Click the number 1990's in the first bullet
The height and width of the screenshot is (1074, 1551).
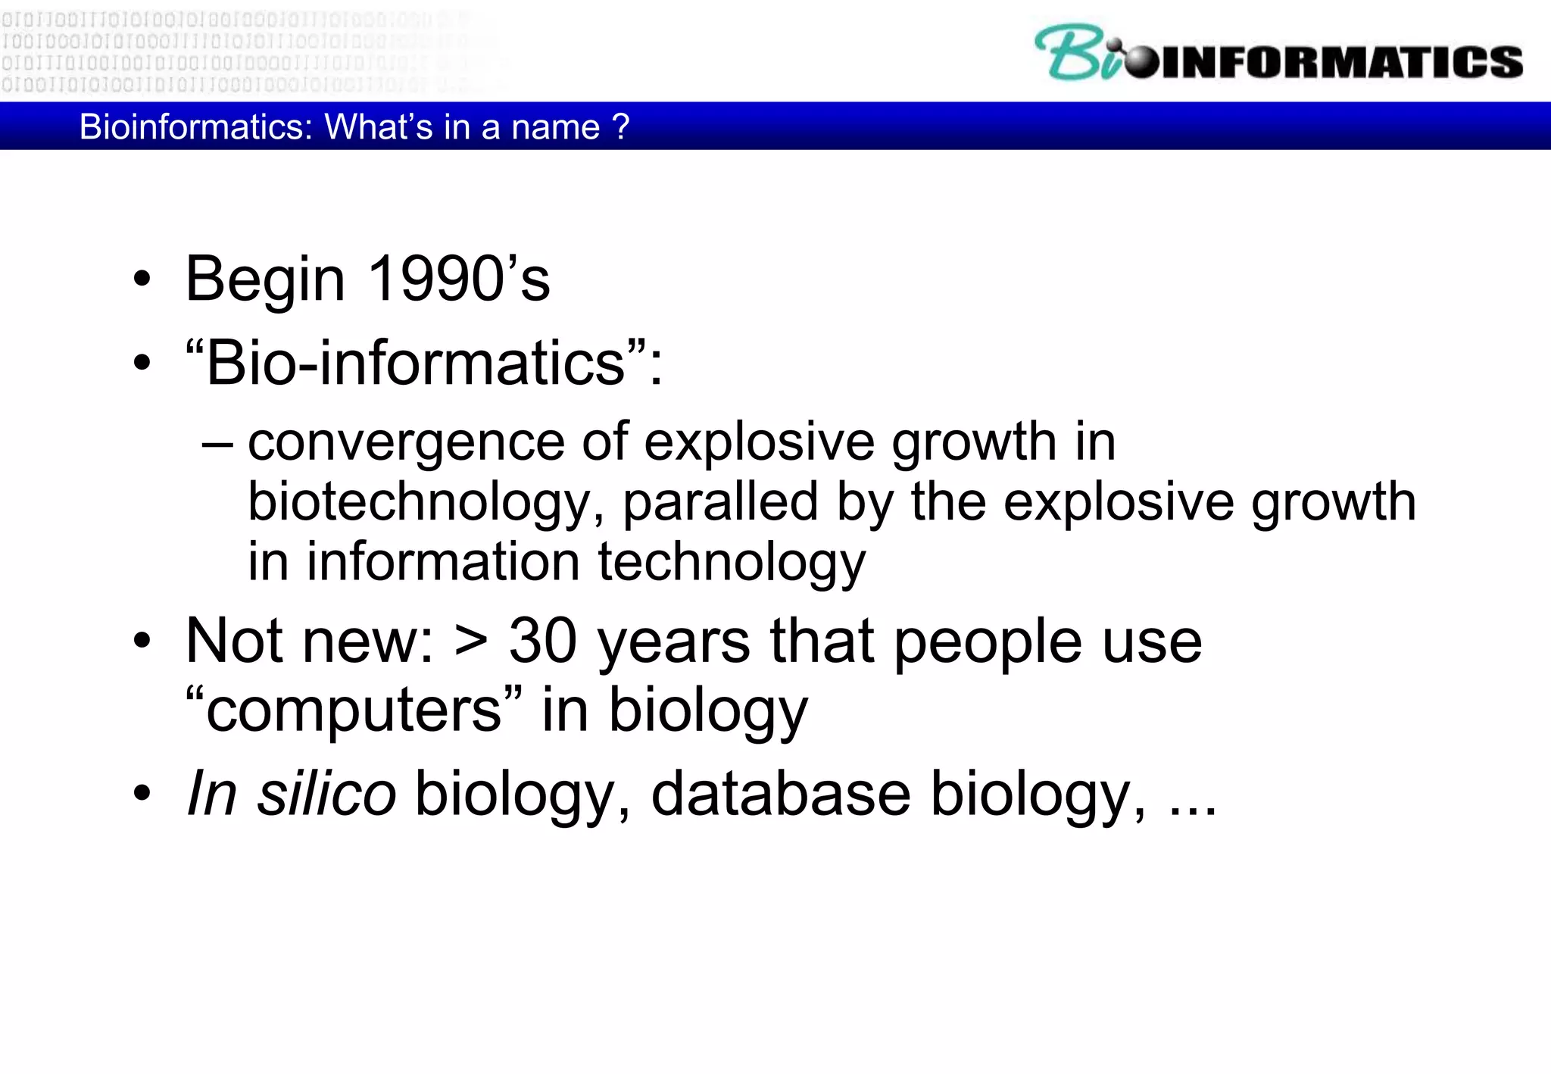(x=459, y=279)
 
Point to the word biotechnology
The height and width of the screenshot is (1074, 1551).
(x=418, y=503)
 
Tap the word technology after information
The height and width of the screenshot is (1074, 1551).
(x=732, y=564)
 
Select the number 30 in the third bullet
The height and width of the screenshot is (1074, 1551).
(x=542, y=641)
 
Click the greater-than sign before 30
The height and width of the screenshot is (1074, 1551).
(x=470, y=642)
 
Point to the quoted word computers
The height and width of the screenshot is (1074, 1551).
(x=354, y=710)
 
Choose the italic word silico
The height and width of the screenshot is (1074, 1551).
(x=326, y=794)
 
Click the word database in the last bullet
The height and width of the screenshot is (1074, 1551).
(x=780, y=794)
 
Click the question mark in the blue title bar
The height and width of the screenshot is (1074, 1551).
(x=621, y=127)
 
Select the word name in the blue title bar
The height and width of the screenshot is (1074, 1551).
(x=555, y=127)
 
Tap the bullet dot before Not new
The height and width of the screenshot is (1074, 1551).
(x=142, y=642)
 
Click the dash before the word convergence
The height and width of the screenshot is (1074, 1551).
(x=217, y=444)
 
